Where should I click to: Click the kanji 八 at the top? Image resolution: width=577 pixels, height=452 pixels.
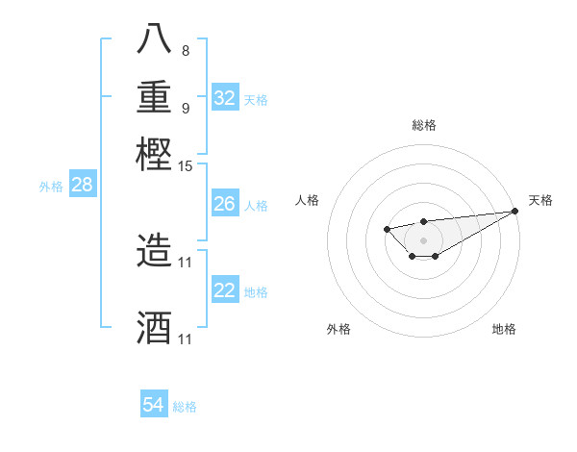tap(154, 38)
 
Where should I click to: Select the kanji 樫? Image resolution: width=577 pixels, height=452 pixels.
tap(154, 154)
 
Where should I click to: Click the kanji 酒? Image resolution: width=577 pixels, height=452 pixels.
tap(154, 327)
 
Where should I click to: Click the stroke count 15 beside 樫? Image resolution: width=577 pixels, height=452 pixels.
tap(186, 166)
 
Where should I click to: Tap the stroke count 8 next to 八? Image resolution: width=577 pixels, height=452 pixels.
tap(185, 50)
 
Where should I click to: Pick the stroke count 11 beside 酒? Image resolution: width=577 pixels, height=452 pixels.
tap(186, 339)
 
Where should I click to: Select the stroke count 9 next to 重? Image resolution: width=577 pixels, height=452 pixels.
tap(185, 108)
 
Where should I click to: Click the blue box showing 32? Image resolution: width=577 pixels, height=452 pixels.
tap(225, 98)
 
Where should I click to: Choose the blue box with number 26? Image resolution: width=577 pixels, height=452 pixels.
tap(225, 204)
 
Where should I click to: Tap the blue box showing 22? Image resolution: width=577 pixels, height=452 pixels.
tap(225, 290)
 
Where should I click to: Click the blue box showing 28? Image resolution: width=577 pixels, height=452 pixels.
tap(82, 186)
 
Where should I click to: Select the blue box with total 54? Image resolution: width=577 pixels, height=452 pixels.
tap(154, 405)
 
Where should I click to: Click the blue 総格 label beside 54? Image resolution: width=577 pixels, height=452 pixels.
tap(185, 407)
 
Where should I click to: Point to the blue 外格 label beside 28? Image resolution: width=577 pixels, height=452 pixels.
tap(51, 187)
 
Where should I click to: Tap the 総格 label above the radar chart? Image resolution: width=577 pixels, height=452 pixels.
tap(423, 125)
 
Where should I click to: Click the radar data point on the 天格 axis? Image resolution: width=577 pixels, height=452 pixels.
tap(516, 211)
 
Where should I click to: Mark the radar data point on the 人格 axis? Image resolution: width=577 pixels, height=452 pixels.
tap(387, 229)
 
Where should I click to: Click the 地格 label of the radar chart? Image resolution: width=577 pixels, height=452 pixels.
tap(504, 329)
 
